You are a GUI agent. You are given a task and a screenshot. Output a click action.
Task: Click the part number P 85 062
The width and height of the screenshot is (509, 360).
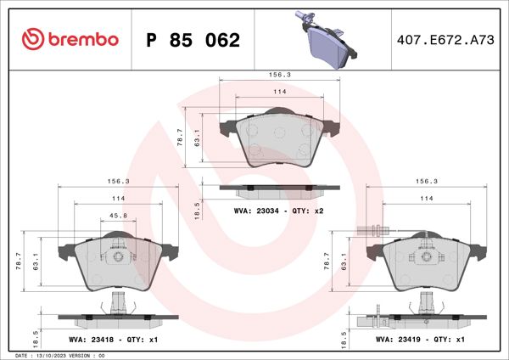(193, 40)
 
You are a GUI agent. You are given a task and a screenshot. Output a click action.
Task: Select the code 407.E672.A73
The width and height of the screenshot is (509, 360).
(445, 40)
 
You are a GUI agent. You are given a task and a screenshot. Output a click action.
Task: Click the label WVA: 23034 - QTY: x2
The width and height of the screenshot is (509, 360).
(279, 209)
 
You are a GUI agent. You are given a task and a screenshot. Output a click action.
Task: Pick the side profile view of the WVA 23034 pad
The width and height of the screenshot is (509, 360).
(279, 188)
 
